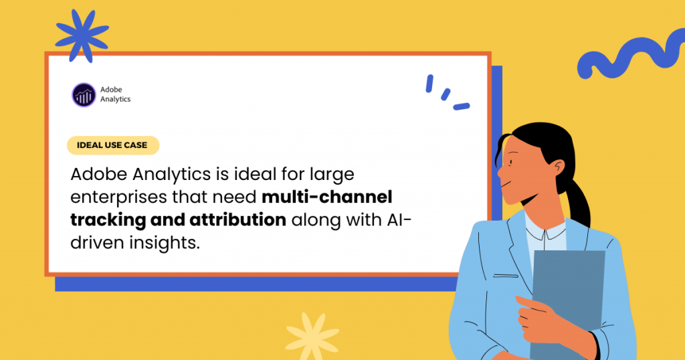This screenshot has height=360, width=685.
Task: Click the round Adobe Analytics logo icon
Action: (x=84, y=95)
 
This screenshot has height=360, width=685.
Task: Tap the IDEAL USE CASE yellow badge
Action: (x=112, y=145)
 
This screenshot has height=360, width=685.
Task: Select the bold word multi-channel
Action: (x=326, y=197)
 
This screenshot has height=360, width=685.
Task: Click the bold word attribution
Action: (x=237, y=219)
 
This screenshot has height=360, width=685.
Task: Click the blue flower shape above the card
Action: (x=82, y=35)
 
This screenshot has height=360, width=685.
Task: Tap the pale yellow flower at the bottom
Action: (x=312, y=336)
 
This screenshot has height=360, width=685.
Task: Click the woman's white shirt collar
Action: (x=546, y=230)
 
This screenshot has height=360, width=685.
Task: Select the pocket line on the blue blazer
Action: (x=506, y=276)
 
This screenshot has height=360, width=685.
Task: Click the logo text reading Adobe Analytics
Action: (x=115, y=94)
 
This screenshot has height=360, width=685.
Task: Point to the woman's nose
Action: (x=500, y=171)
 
